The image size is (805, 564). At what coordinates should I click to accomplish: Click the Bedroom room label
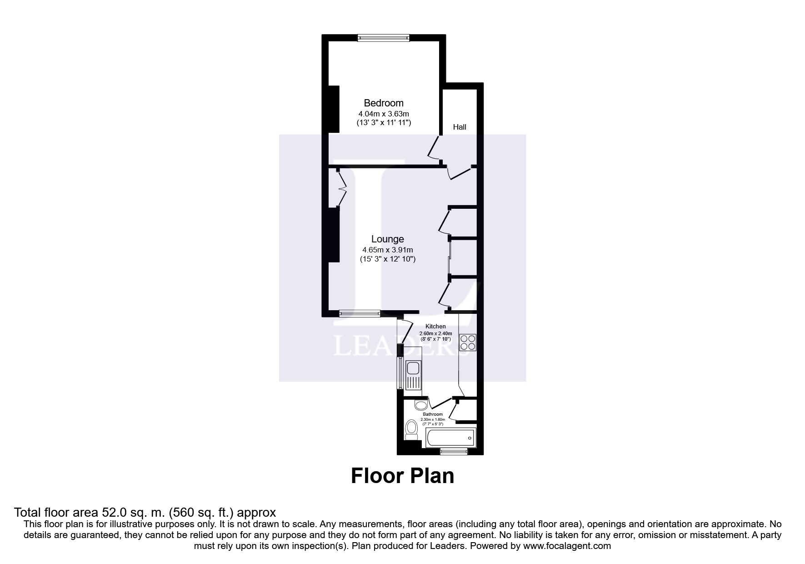[x=383, y=103]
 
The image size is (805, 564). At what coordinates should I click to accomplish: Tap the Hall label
[x=460, y=127]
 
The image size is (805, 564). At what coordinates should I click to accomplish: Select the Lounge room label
[x=387, y=239]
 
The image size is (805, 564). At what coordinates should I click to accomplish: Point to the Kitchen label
[x=435, y=326]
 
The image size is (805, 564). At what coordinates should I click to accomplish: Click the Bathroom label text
[x=432, y=414]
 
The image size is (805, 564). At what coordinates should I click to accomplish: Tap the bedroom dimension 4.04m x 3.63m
[x=383, y=113]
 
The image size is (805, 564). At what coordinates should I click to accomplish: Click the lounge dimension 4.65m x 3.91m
[x=387, y=250]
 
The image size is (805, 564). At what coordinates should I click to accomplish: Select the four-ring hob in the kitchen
[x=468, y=342]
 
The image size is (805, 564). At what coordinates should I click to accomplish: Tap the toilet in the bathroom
[x=411, y=429]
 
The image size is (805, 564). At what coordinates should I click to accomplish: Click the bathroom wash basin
[x=421, y=405]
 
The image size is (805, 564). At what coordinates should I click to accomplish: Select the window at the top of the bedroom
[x=383, y=38]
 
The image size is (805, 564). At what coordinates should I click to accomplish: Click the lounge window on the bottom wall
[x=360, y=313]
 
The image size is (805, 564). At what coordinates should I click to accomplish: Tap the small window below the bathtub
[x=454, y=451]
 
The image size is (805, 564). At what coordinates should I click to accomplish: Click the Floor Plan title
[x=402, y=476]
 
